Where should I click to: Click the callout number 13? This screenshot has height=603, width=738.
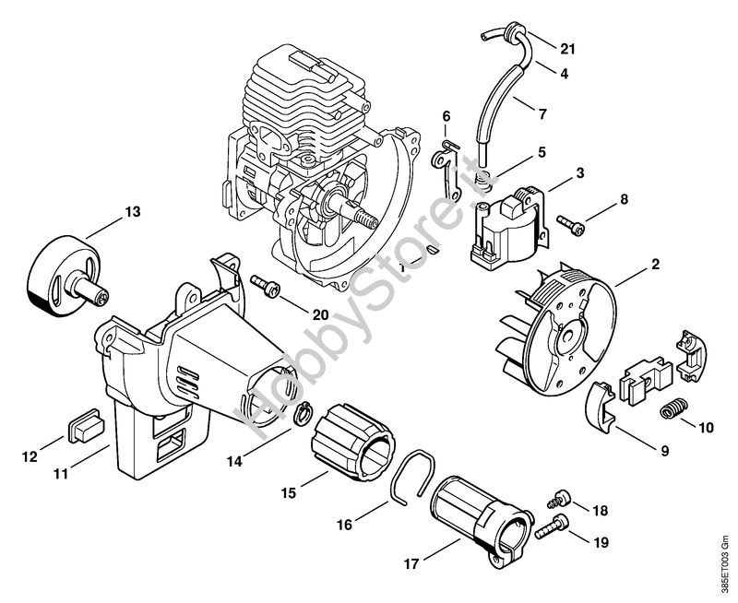point(133,212)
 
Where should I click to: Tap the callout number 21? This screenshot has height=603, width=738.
point(568,49)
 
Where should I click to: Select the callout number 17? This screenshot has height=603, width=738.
point(411,563)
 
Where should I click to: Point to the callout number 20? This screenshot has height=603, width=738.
point(320,314)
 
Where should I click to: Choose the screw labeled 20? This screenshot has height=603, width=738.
point(266,285)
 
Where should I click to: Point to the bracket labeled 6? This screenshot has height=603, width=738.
point(445,172)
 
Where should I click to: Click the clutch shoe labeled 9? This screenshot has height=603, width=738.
point(601,405)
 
